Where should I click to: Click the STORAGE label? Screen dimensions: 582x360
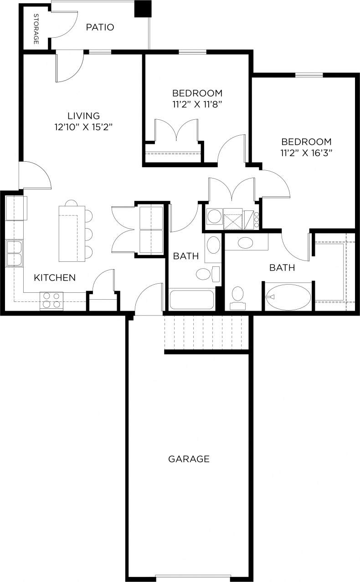36,29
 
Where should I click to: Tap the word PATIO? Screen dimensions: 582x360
100,27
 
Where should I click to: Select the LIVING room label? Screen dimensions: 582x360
83,116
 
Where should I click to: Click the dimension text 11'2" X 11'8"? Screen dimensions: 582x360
197,104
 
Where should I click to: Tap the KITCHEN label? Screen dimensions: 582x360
55,277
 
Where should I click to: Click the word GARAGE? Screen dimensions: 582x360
189,459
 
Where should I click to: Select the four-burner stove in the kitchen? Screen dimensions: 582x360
51,300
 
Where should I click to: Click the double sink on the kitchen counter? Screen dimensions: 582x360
14,253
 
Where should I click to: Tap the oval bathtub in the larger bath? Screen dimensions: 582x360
288,297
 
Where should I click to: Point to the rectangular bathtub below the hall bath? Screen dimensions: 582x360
191,300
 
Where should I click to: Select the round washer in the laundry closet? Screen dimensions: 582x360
214,216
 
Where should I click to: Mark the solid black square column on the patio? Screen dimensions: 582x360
143,9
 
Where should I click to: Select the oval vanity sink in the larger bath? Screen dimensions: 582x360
246,242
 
